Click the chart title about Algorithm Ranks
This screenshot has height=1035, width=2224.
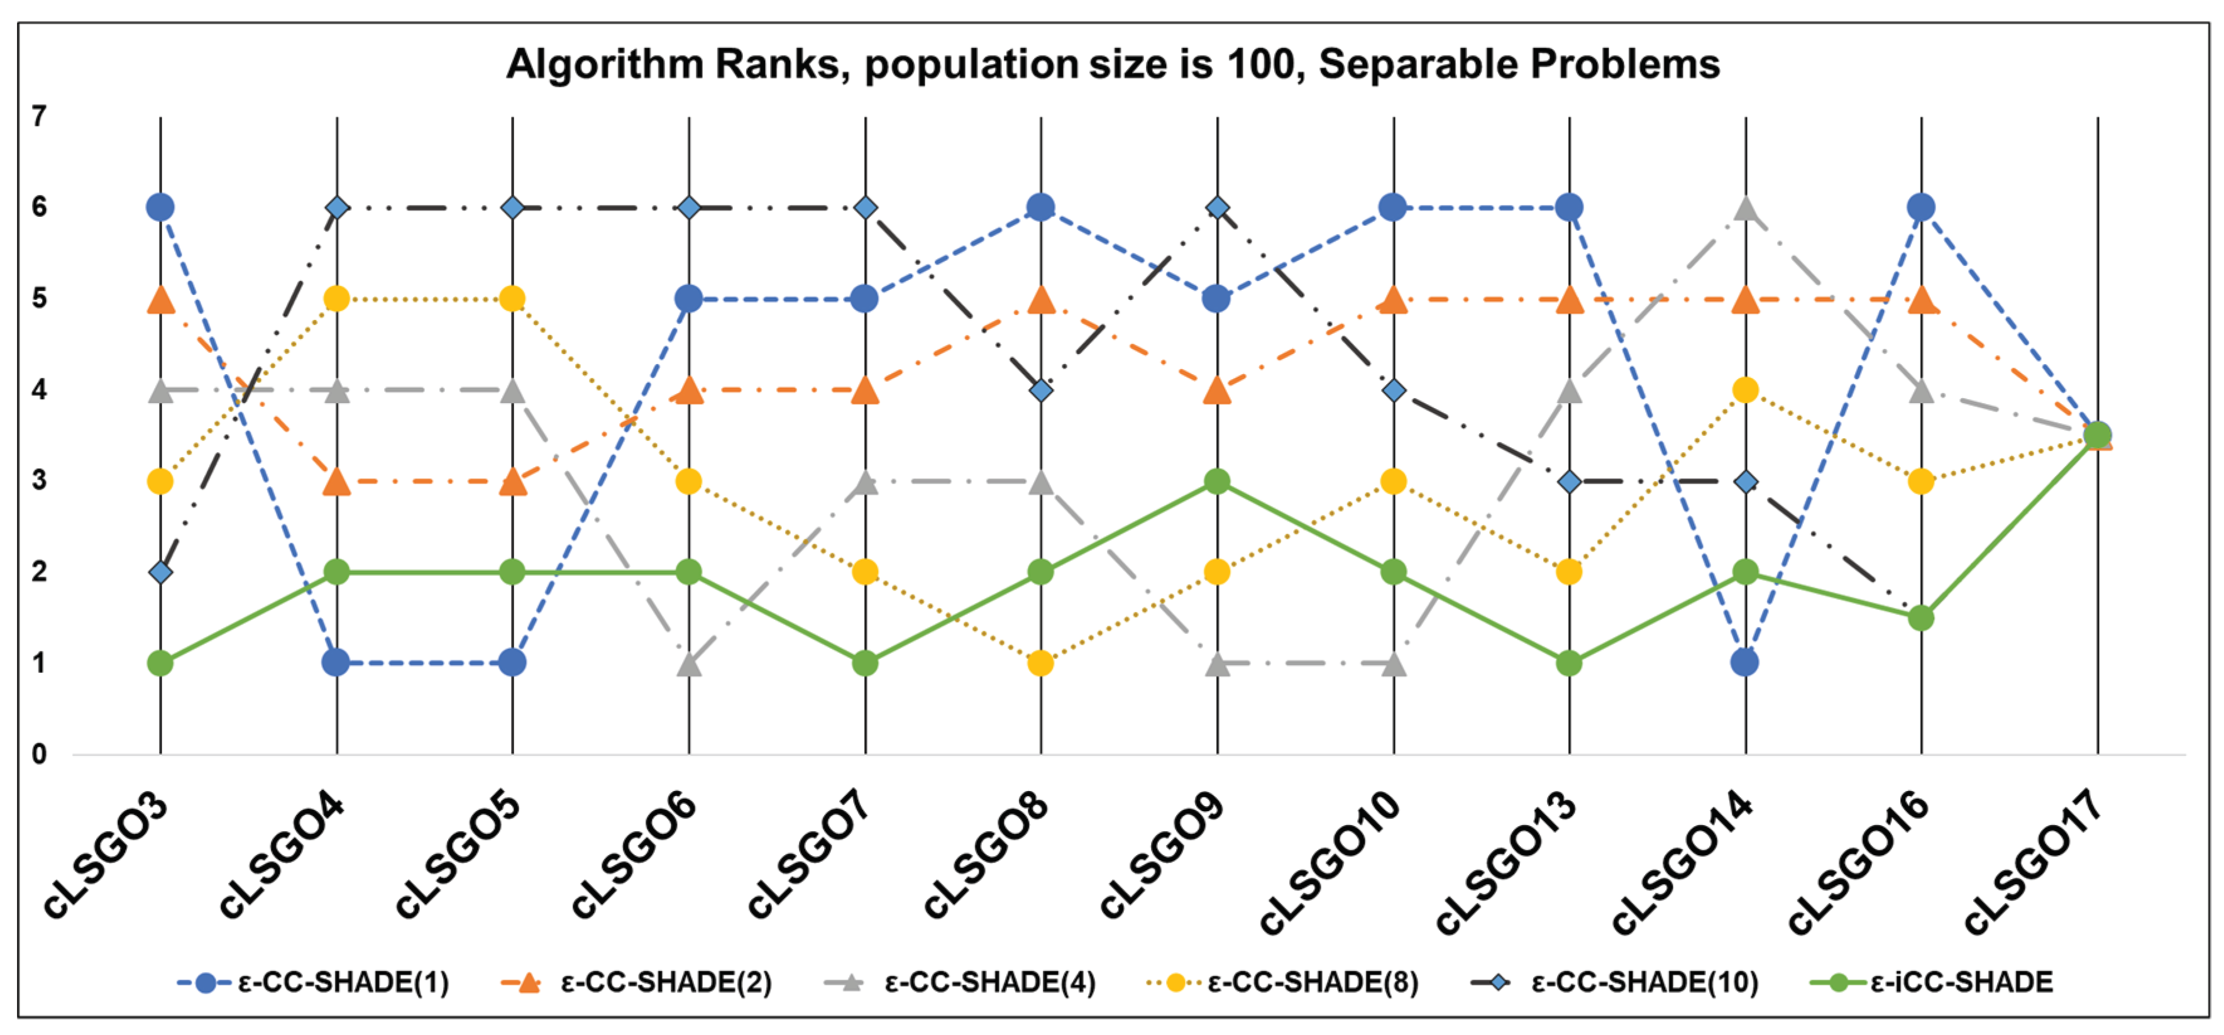tap(1112, 65)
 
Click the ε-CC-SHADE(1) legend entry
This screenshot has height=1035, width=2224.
tap(314, 982)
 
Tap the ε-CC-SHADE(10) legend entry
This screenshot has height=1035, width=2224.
tap(1614, 982)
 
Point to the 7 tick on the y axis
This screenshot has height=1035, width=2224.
tap(40, 116)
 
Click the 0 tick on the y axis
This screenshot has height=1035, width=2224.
tap(40, 754)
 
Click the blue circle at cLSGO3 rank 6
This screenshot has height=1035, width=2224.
tap(160, 208)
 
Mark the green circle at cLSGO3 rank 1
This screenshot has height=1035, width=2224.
tap(160, 663)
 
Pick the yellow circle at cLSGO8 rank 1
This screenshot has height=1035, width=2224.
tap(1041, 663)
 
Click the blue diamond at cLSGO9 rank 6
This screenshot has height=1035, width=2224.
tap(1218, 208)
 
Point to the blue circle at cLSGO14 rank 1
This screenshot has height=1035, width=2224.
tap(1746, 663)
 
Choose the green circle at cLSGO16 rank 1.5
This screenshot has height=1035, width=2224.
tap(1921, 617)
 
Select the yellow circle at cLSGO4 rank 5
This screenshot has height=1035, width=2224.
tap(337, 299)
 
